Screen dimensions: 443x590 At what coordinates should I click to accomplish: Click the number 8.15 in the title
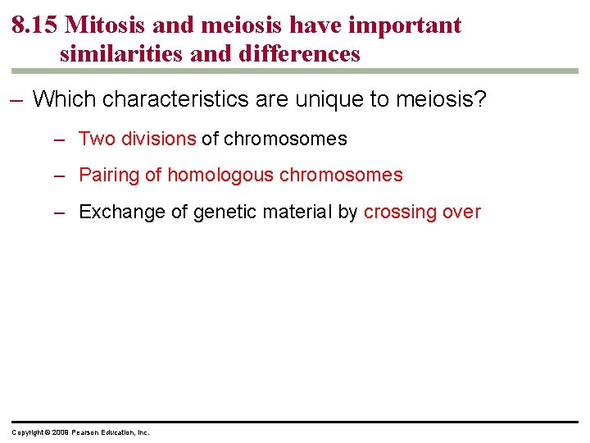coord(34,25)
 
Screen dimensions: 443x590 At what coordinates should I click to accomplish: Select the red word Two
coord(98,139)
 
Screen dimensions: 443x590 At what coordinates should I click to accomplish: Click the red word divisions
coord(159,139)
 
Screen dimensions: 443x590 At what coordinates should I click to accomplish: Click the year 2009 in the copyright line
coord(61,432)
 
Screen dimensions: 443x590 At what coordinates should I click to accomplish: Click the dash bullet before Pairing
coord(59,175)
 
